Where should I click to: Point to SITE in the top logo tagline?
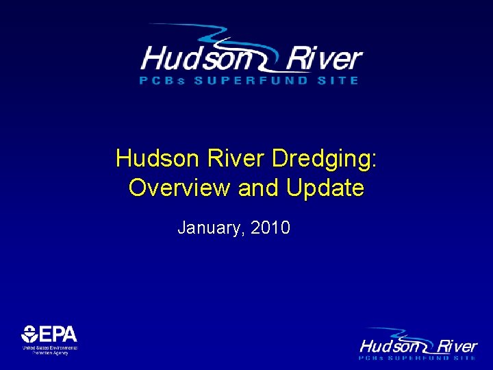coord(340,80)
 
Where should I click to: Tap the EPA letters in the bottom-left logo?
coord(58,334)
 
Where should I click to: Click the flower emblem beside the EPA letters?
coord(29,334)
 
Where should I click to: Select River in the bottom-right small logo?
coord(457,346)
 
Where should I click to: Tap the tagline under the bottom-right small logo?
coord(418,358)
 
